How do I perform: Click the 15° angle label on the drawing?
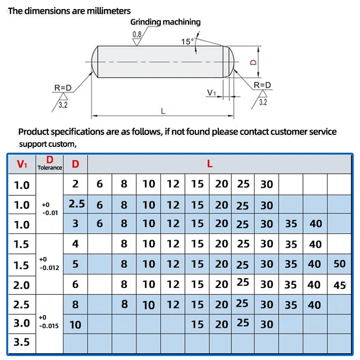[x=187, y=41]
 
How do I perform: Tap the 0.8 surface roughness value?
[x=137, y=34]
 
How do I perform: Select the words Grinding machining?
[x=166, y=22]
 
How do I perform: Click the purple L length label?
[x=163, y=111]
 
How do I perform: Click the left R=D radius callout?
[x=63, y=87]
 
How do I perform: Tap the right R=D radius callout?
[x=263, y=85]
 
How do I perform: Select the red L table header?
[x=209, y=164]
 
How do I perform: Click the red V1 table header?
[x=22, y=164]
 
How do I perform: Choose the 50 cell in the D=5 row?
[x=339, y=264]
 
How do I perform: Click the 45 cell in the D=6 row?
[x=339, y=285]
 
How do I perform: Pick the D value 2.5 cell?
[x=76, y=204]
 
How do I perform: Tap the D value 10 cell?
[x=75, y=325]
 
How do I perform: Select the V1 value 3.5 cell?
[x=22, y=343]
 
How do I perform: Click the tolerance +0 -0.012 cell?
[x=49, y=264]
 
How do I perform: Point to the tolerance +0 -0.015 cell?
[x=49, y=322]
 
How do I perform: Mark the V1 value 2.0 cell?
[x=22, y=285]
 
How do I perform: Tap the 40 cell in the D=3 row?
[x=314, y=223]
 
